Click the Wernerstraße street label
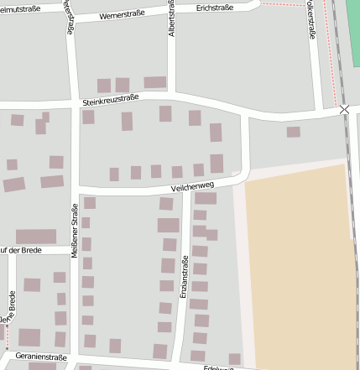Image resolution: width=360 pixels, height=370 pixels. pos(122,15)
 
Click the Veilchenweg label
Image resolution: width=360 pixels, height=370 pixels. pos(192,189)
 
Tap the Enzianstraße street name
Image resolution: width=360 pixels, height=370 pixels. pos(185,279)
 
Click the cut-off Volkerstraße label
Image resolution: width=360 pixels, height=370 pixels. pos(311,18)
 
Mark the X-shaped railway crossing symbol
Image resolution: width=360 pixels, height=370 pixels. pos(344,110)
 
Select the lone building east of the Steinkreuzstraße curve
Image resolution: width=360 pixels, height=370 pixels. pos(293,132)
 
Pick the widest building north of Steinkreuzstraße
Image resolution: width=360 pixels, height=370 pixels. pos(155,82)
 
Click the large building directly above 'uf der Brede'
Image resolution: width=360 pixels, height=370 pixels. pos(36,237)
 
